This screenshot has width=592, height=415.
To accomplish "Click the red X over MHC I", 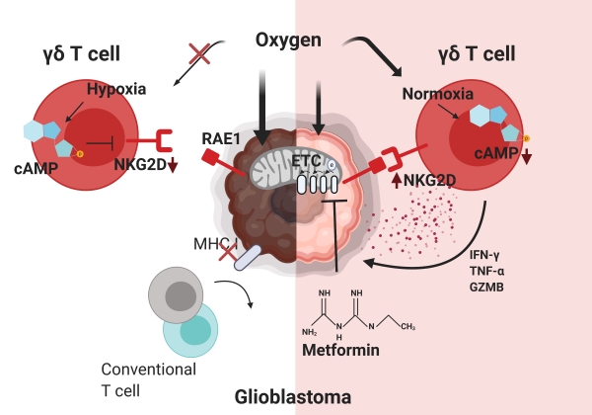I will coord(228,255).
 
